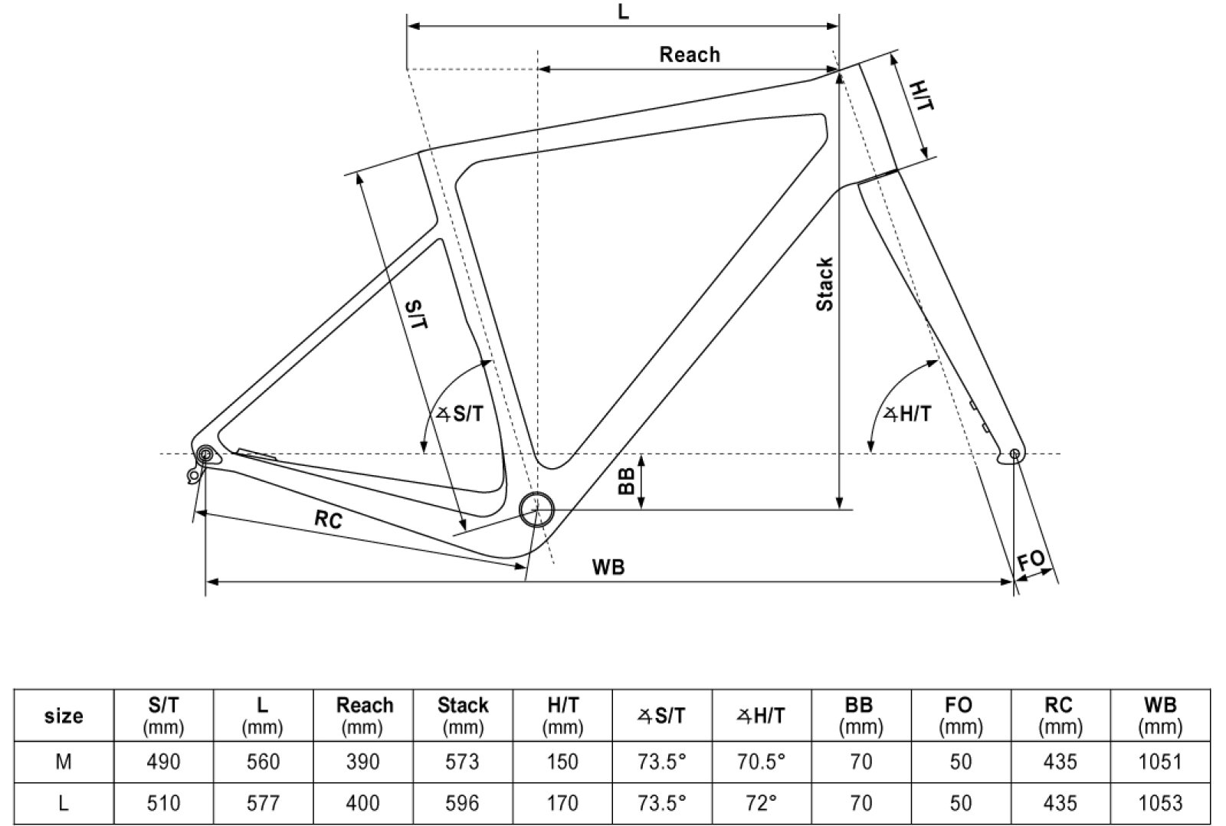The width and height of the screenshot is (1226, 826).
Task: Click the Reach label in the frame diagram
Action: pos(690,55)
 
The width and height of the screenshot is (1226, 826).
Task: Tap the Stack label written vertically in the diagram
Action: pos(824,284)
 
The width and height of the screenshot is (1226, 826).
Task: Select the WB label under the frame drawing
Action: pos(608,567)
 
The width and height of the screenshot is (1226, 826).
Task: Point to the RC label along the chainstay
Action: pos(329,520)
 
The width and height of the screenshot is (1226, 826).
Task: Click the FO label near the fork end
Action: pos(1031,560)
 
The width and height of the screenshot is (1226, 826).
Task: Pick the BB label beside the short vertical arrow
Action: pos(627,480)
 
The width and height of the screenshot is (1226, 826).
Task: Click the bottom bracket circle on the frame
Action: pos(536,509)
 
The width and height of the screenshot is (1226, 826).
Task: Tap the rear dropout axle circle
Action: pos(205,454)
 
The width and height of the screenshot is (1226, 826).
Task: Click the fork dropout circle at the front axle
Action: pos(1015,454)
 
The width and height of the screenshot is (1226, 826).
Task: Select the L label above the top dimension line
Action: pos(623,12)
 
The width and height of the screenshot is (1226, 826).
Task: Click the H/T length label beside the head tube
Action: pos(922,96)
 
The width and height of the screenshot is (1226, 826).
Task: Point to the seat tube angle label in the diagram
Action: pos(461,415)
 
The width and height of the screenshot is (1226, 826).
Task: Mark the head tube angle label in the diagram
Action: pos(908,415)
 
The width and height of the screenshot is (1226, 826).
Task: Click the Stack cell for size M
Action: pos(463,762)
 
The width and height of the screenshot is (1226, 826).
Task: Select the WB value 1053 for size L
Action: pos(1160,803)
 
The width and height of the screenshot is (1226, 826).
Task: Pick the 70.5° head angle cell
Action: pos(761,762)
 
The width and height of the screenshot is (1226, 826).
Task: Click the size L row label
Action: pos(64,803)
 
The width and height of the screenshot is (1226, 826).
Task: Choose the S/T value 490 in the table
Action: pos(163,762)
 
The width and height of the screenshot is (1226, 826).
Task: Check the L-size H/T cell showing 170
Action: pos(562,803)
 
